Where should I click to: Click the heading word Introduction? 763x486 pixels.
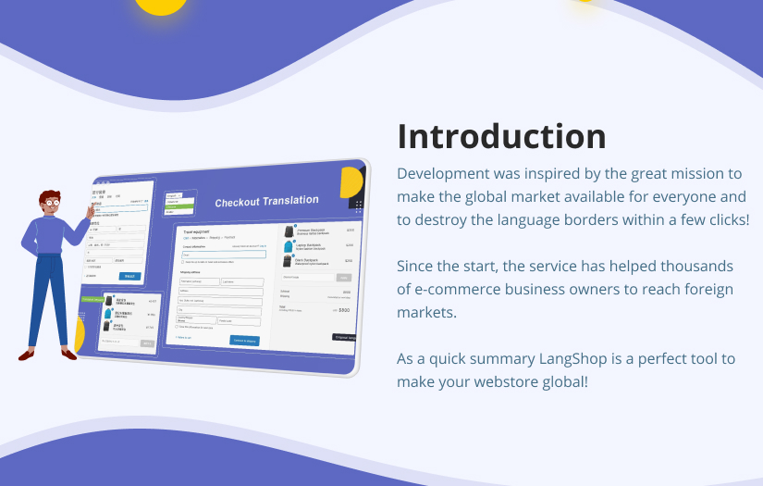[x=501, y=136]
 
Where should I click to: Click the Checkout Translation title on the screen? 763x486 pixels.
[x=266, y=201]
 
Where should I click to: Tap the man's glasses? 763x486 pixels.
[x=51, y=200]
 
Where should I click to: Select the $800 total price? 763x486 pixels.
[x=343, y=310]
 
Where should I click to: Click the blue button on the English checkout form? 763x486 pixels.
[x=244, y=341]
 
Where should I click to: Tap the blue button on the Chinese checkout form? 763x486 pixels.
[x=130, y=276]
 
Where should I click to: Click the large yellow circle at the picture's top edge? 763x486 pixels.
[x=161, y=6]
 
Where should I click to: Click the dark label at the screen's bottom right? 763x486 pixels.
[x=346, y=337]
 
